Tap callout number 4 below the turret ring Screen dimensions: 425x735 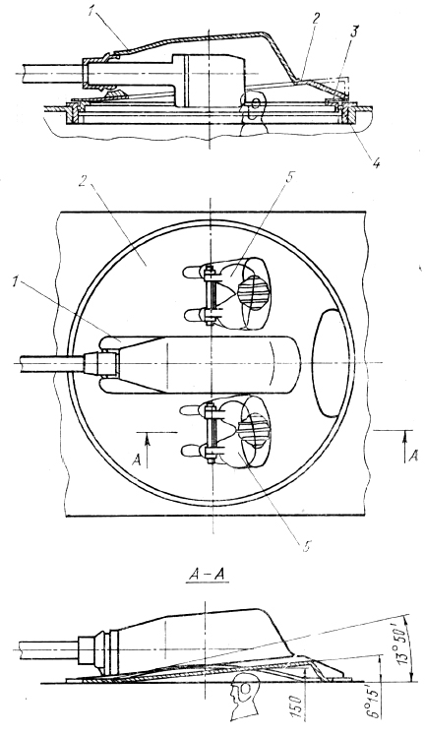tap(376, 162)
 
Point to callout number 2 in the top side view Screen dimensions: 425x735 tap(316, 21)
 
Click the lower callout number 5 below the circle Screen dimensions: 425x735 tap(306, 546)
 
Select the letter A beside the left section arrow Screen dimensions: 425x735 tap(137, 460)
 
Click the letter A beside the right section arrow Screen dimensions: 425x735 tap(413, 456)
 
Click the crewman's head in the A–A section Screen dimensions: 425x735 tap(240, 700)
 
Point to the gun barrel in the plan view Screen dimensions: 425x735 tap(52, 362)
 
